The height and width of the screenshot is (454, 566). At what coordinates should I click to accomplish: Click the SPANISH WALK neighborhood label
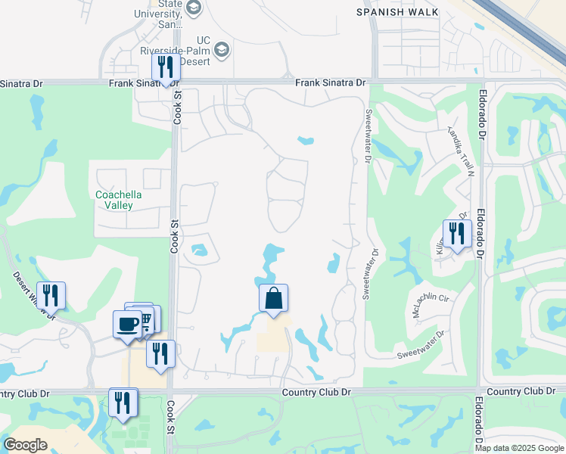(398, 12)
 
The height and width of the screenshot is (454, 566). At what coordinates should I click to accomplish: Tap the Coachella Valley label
(119, 200)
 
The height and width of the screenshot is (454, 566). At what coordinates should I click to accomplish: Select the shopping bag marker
(273, 299)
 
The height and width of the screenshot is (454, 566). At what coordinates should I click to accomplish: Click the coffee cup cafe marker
(127, 324)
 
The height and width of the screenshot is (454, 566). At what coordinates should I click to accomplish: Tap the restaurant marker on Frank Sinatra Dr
(165, 68)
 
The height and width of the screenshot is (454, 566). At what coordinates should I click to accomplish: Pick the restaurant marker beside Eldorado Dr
(457, 233)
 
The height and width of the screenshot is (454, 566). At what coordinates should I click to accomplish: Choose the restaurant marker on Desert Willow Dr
(51, 296)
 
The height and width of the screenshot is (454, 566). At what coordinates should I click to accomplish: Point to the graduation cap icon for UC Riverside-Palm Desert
(222, 51)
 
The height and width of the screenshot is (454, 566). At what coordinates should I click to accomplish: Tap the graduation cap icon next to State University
(194, 8)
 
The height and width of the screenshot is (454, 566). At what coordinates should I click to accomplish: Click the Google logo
(25, 445)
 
